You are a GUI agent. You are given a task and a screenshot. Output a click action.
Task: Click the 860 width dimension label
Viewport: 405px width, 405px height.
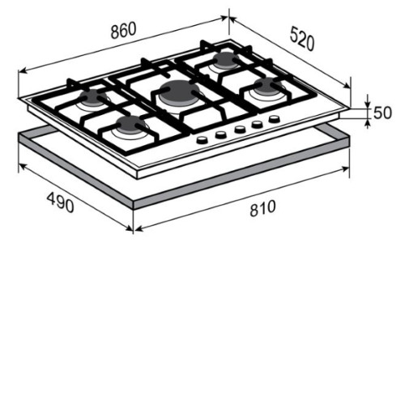pos(123,30)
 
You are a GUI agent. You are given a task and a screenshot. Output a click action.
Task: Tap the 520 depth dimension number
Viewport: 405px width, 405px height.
pos(302,39)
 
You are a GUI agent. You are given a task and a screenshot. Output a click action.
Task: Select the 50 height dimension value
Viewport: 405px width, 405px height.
pos(382,113)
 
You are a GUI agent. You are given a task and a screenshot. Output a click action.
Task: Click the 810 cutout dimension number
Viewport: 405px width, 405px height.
pos(262,209)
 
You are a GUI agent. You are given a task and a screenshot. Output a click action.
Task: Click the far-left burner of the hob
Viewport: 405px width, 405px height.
pos(92,99)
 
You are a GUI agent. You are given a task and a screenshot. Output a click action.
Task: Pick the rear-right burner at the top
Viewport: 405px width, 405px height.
pos(225,60)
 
